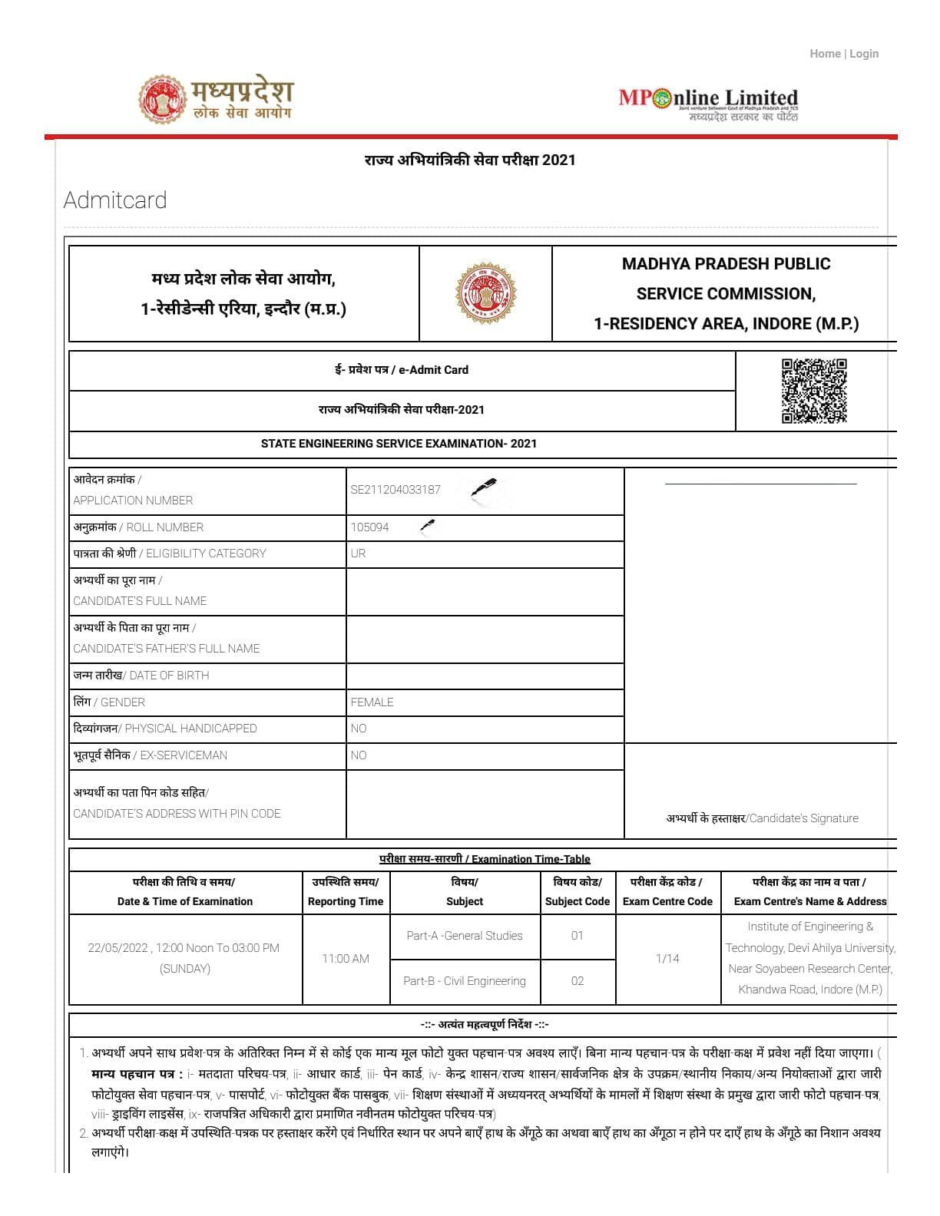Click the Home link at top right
(825, 54)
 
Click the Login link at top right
(864, 54)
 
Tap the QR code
(814, 391)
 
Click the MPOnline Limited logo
(708, 104)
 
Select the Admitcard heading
(115, 200)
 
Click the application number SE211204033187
(396, 490)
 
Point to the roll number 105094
(369, 527)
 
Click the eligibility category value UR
(358, 553)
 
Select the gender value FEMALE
(372, 702)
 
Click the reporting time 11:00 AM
(346, 959)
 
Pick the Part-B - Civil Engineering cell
(465, 981)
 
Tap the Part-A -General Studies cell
(465, 936)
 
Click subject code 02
(578, 981)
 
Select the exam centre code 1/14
(667, 959)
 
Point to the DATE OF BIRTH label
(169, 676)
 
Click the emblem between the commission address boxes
(485, 293)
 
